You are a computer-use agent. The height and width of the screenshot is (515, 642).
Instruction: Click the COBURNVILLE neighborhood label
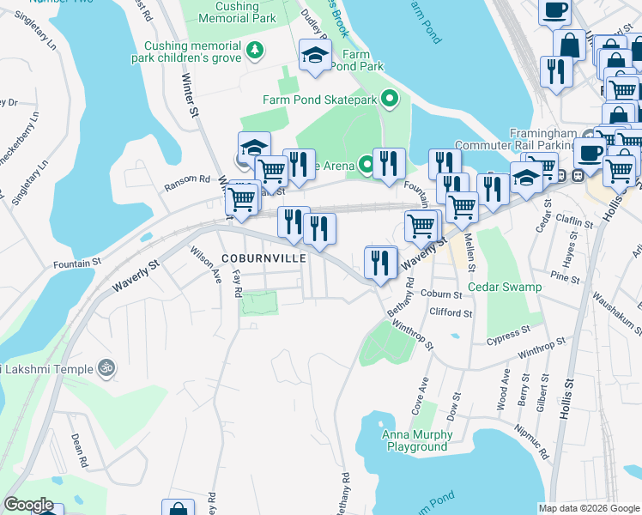point(258,257)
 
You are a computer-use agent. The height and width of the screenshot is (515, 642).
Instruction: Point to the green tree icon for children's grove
point(254,51)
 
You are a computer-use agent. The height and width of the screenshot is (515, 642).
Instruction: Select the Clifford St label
point(451,313)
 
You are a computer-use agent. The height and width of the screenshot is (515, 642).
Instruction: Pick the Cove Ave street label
point(419,395)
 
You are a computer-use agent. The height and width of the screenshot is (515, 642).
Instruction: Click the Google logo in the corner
point(29,506)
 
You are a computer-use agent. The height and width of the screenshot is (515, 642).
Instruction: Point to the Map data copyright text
point(589,508)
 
